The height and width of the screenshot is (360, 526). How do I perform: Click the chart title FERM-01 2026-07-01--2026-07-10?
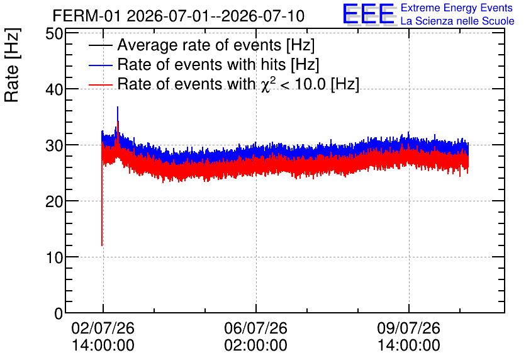(179, 16)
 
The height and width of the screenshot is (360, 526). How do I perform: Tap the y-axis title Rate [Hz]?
(12, 65)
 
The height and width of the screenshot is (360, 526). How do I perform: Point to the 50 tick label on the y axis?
(54, 33)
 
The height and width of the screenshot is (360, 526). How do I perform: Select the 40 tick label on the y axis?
(54, 89)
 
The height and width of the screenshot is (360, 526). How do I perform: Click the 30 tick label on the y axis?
(54, 145)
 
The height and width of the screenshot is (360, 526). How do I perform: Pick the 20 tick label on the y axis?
(54, 201)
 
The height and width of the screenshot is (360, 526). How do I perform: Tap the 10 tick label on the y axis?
(54, 257)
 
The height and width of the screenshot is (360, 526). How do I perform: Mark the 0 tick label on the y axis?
(59, 313)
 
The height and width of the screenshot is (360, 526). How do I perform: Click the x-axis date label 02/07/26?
(103, 328)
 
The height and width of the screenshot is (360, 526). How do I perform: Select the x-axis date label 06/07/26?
(255, 328)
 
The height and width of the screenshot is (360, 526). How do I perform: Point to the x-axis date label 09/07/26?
(408, 328)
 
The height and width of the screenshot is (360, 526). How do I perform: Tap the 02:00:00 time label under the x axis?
(255, 345)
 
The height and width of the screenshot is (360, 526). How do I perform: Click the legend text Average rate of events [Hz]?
(216, 45)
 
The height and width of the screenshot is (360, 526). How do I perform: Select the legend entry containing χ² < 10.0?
(238, 84)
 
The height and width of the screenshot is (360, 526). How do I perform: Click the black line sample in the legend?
(100, 45)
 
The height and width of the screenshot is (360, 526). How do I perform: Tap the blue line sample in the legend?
(100, 65)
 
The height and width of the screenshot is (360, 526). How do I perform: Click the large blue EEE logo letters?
(369, 14)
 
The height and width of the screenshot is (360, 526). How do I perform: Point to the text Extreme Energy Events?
(457, 8)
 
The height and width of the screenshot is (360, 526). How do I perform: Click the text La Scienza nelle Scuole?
(457, 21)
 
